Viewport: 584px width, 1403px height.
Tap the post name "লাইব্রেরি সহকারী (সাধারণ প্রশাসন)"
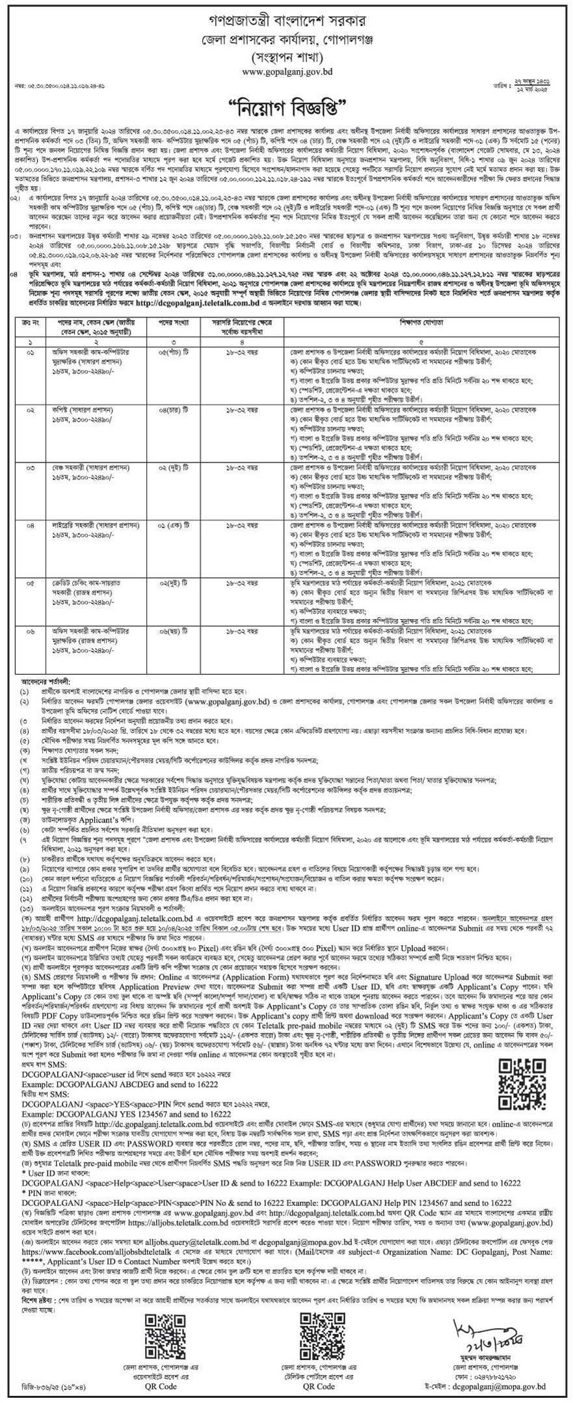(96, 524)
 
